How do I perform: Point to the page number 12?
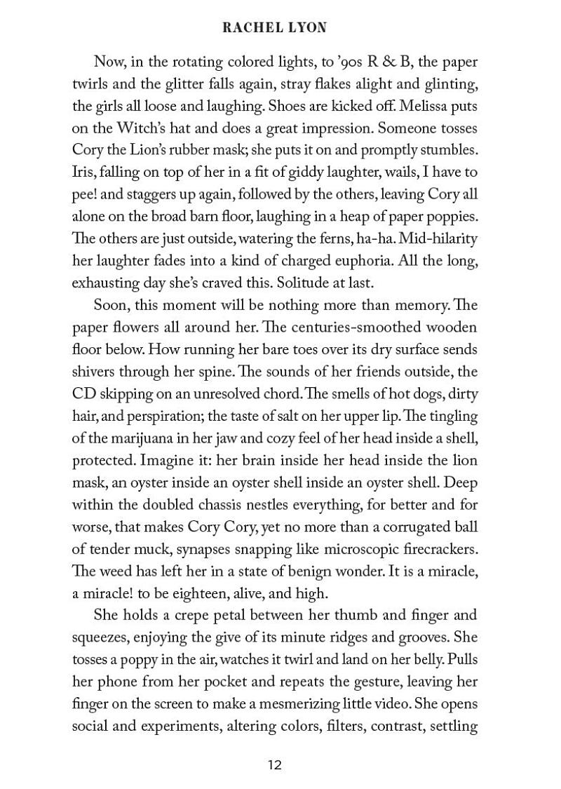coord(274,764)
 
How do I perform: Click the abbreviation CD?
coord(85,393)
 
